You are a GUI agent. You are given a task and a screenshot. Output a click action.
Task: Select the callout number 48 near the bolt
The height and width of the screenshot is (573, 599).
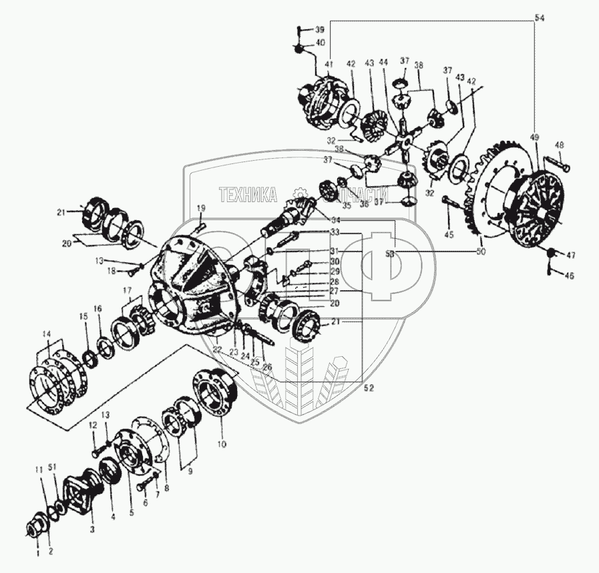point(559,146)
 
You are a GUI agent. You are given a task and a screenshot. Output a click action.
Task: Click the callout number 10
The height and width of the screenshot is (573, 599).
point(221,442)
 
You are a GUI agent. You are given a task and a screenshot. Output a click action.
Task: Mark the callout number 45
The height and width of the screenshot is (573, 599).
point(449,234)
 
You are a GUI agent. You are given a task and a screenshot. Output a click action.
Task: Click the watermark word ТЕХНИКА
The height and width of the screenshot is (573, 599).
point(248,194)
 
